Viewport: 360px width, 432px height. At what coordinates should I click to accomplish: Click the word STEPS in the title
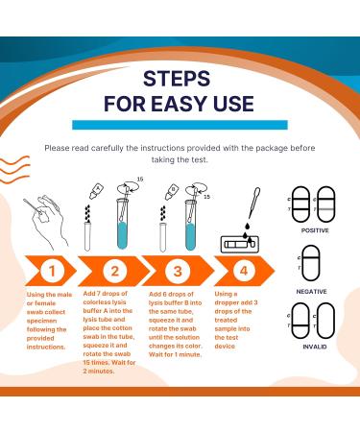(x=177, y=79)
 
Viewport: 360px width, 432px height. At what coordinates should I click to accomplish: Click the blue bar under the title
(x=180, y=125)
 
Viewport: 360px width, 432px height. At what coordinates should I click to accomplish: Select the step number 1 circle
(x=52, y=271)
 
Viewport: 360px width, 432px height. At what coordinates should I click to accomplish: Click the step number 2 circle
(x=115, y=271)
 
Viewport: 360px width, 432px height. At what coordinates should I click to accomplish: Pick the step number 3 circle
(x=178, y=271)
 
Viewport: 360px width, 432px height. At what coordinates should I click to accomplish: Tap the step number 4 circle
(x=244, y=271)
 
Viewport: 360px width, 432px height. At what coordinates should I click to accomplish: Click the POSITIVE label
(x=315, y=230)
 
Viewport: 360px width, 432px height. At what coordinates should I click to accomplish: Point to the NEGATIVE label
(x=311, y=292)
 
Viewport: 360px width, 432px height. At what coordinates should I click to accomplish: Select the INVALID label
(x=315, y=347)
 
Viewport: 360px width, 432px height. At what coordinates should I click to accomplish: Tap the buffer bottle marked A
(x=95, y=191)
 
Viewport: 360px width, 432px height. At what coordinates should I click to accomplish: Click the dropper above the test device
(x=254, y=204)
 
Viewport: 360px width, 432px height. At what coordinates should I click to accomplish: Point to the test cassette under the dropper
(x=240, y=245)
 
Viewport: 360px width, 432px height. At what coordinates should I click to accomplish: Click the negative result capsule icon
(x=311, y=263)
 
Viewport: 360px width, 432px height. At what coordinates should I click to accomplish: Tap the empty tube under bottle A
(x=87, y=236)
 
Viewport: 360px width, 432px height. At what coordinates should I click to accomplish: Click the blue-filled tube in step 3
(x=190, y=225)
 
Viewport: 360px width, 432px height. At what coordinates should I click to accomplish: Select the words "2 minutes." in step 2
(x=99, y=372)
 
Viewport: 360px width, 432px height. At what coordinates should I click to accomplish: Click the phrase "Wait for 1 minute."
(x=175, y=354)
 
